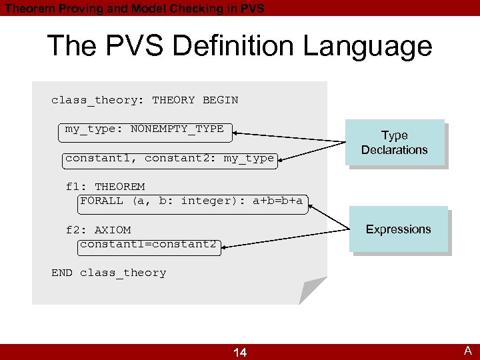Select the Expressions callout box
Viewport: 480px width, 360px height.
[399, 229]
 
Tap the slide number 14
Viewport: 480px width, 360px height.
[240, 352]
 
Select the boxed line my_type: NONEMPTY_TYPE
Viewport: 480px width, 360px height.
[144, 129]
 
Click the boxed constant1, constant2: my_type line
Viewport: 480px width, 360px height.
[169, 158]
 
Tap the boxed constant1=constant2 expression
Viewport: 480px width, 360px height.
[148, 244]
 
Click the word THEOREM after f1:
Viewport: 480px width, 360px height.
[120, 187]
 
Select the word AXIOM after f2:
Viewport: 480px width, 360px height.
[113, 230]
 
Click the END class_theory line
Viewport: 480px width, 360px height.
[109, 273]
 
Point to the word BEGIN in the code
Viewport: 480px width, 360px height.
[220, 100]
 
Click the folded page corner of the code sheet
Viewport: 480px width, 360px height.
[312, 291]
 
